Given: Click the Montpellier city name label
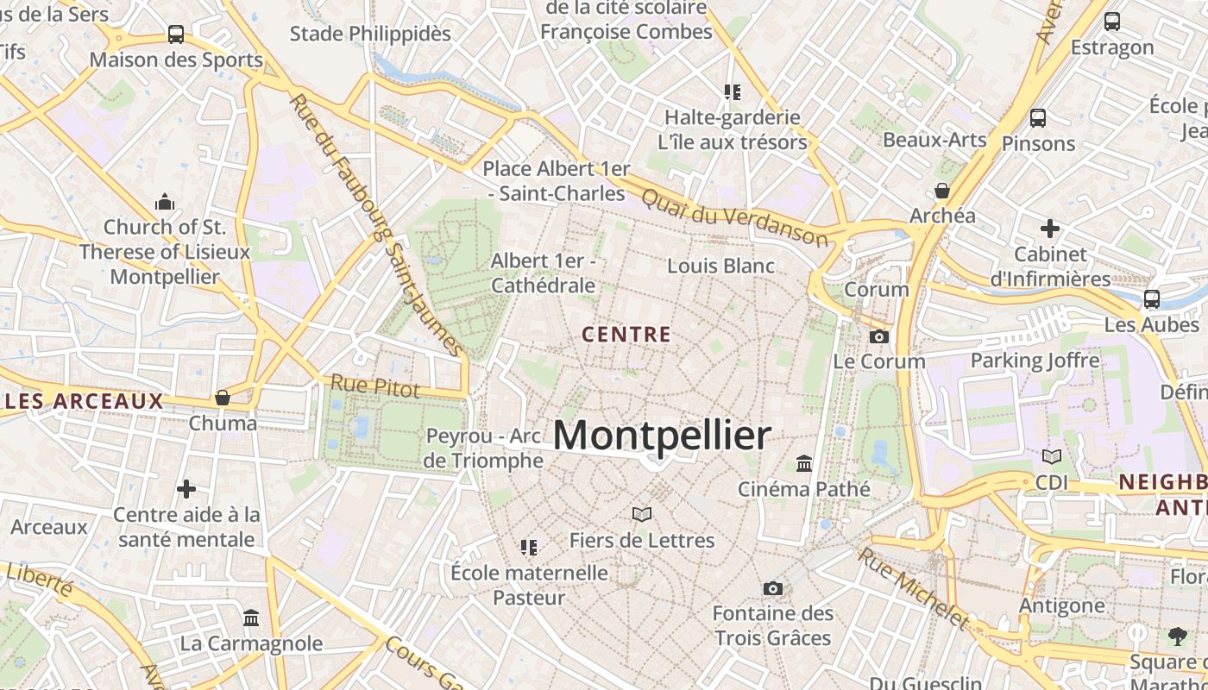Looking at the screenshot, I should (x=662, y=436).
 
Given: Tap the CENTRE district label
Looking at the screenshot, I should (x=626, y=335).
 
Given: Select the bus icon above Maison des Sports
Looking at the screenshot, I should (x=176, y=34).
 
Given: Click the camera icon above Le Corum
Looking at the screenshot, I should (x=879, y=336).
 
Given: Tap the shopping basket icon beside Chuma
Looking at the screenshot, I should (x=223, y=398).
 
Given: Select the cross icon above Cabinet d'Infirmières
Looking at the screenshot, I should (x=1050, y=229).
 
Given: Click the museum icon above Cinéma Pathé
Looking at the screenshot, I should (x=804, y=464).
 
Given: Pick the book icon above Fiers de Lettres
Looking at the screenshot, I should (x=641, y=515).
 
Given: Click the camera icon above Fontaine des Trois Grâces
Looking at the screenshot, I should (x=773, y=588).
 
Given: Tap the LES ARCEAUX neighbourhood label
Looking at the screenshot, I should (x=84, y=401).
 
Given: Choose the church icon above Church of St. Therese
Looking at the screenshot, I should (x=165, y=203).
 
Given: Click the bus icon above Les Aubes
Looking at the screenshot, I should (x=1151, y=299).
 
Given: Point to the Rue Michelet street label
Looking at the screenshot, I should (x=915, y=587).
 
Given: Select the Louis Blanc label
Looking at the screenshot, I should (x=721, y=266).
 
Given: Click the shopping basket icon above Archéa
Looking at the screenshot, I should (x=942, y=190).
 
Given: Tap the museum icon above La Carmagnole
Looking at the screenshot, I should (x=251, y=618).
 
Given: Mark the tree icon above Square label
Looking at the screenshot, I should (x=1177, y=637).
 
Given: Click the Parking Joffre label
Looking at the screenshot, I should (x=1035, y=361).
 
